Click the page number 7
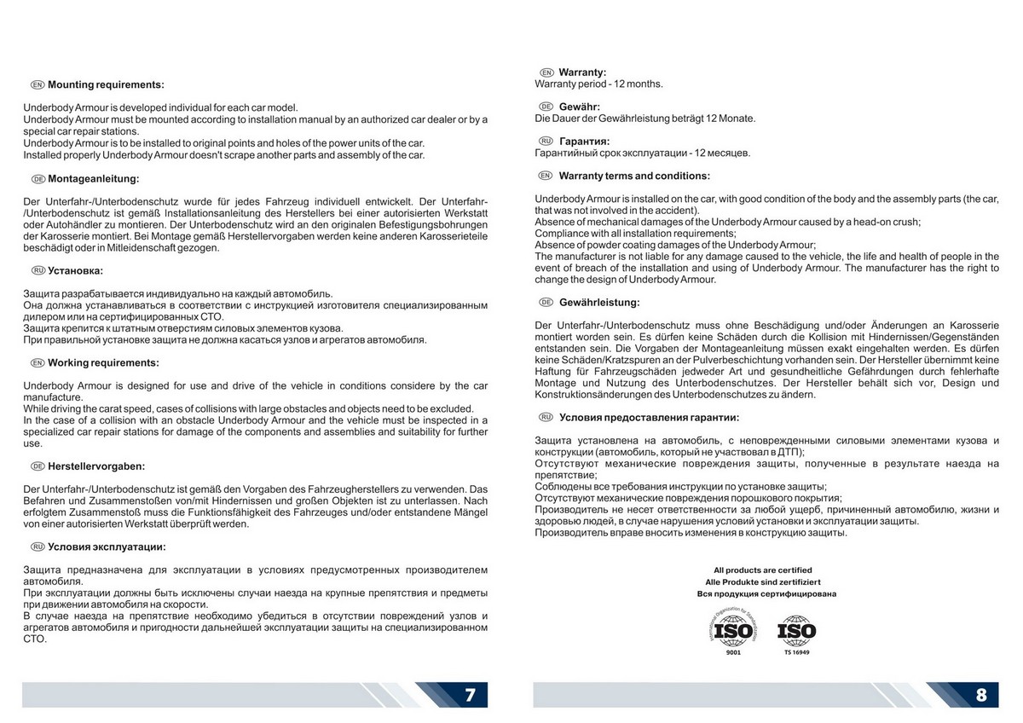click(470, 694)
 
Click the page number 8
click(980, 694)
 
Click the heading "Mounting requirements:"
click(106, 85)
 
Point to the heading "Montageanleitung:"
click(93, 179)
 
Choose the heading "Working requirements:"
click(103, 362)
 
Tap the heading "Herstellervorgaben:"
click(96, 466)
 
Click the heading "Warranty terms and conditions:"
click(634, 176)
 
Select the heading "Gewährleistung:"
click(599, 302)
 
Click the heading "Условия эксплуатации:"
click(107, 547)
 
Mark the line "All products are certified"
click(763, 570)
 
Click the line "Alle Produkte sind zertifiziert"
click(763, 581)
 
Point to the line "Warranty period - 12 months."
click(598, 84)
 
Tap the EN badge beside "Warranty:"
click(547, 72)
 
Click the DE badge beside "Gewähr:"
click(547, 107)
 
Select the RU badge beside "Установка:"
click(38, 270)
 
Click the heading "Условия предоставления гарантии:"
click(649, 417)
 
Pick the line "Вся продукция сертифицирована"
click(766, 593)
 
